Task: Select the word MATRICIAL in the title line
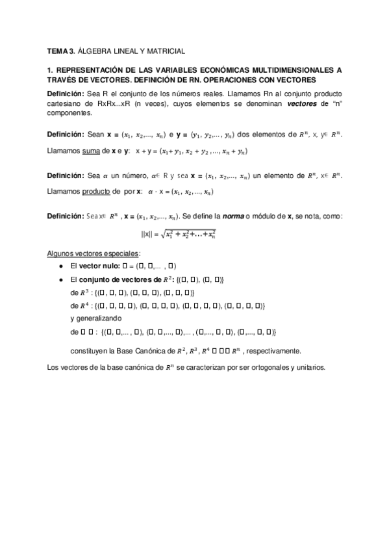tap(168, 50)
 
